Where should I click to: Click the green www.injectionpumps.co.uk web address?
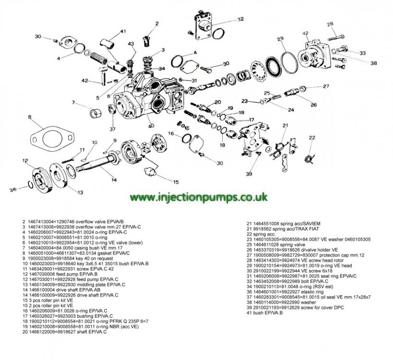(x=199, y=197)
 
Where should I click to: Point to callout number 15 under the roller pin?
(x=176, y=182)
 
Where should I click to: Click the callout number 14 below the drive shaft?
(x=113, y=180)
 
